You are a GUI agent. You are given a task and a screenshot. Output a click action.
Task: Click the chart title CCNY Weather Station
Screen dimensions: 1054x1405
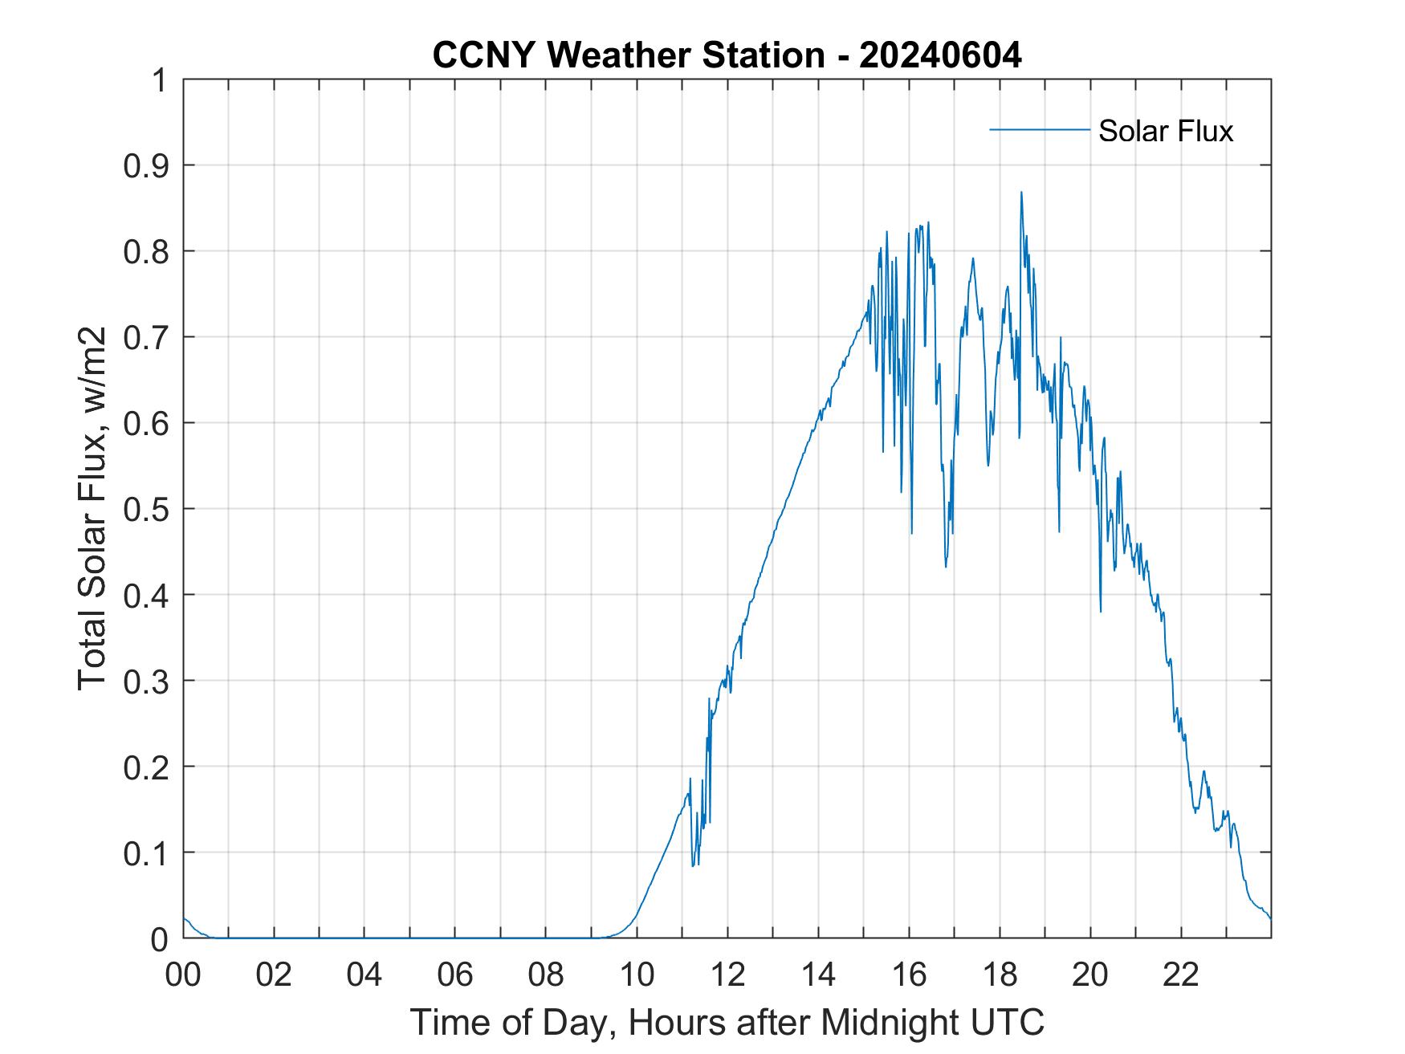tap(628, 55)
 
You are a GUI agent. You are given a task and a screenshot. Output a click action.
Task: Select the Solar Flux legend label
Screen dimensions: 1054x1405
tap(1165, 131)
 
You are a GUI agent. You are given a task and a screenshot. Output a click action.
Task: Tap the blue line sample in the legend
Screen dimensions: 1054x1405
tap(1039, 129)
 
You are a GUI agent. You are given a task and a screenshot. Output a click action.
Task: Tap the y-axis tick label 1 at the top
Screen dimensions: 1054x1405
tap(161, 80)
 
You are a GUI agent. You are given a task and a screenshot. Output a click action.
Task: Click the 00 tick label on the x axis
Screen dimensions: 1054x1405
tap(183, 975)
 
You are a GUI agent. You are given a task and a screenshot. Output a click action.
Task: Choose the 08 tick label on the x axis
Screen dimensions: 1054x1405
tap(546, 975)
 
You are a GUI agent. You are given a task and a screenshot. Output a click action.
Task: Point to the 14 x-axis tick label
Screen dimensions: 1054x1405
tap(818, 975)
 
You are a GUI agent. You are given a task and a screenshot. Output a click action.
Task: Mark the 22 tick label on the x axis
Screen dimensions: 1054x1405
tap(1181, 975)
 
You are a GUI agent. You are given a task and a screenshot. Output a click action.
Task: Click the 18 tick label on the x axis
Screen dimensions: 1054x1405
tap(1000, 975)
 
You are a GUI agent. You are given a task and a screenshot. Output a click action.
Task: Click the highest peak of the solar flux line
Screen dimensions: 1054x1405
tap(1020, 193)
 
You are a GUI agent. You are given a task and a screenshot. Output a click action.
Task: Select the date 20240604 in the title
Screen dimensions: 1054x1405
tap(940, 55)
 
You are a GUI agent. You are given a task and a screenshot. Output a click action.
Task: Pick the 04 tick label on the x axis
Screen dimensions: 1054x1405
tap(364, 975)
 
